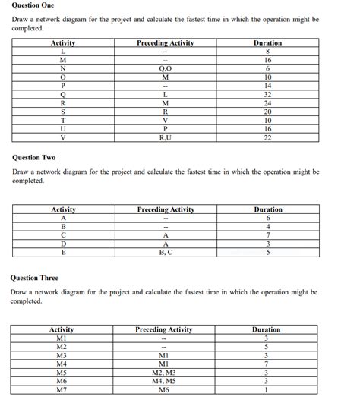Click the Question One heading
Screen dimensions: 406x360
click(x=33, y=5)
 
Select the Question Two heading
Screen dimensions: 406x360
click(x=34, y=157)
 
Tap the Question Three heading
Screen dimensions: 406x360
click(x=36, y=278)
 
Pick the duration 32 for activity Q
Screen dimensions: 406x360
click(x=267, y=94)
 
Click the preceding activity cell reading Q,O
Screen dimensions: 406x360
click(x=165, y=68)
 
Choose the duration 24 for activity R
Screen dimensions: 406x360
click(x=267, y=102)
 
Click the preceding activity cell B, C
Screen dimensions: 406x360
click(x=165, y=253)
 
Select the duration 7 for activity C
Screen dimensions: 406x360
click(x=267, y=235)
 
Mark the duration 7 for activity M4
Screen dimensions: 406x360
click(x=266, y=364)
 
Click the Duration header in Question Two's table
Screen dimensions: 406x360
click(x=267, y=209)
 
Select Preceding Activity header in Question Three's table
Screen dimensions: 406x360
click(x=163, y=329)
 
